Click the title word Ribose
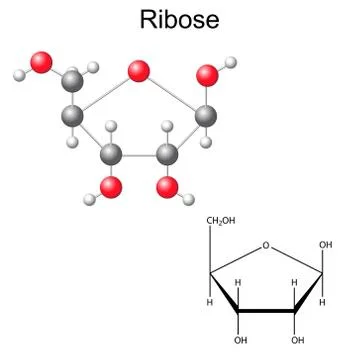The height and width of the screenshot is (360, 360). pyautogui.click(x=179, y=20)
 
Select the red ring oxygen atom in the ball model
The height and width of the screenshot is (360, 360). pyautogui.click(x=139, y=70)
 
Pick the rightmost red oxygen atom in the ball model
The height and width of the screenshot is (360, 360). pyautogui.click(x=207, y=74)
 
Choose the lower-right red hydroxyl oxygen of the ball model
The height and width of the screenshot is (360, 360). pyautogui.click(x=169, y=187)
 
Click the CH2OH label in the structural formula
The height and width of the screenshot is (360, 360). pyautogui.click(x=220, y=221)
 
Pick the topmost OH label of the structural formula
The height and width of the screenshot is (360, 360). pyautogui.click(x=325, y=243)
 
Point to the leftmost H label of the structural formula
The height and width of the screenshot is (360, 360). pyautogui.click(x=211, y=303)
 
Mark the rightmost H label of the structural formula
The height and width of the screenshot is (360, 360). pyautogui.click(x=322, y=303)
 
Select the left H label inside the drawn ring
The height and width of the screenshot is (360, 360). pyautogui.click(x=239, y=283)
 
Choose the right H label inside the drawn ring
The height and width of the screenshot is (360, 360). pyautogui.click(x=294, y=283)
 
